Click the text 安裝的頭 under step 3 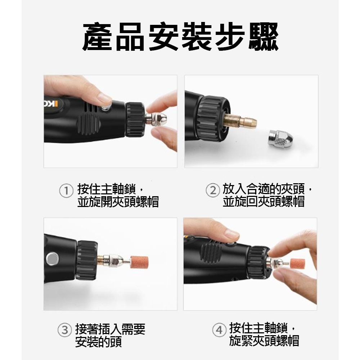click(x=98, y=342)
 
